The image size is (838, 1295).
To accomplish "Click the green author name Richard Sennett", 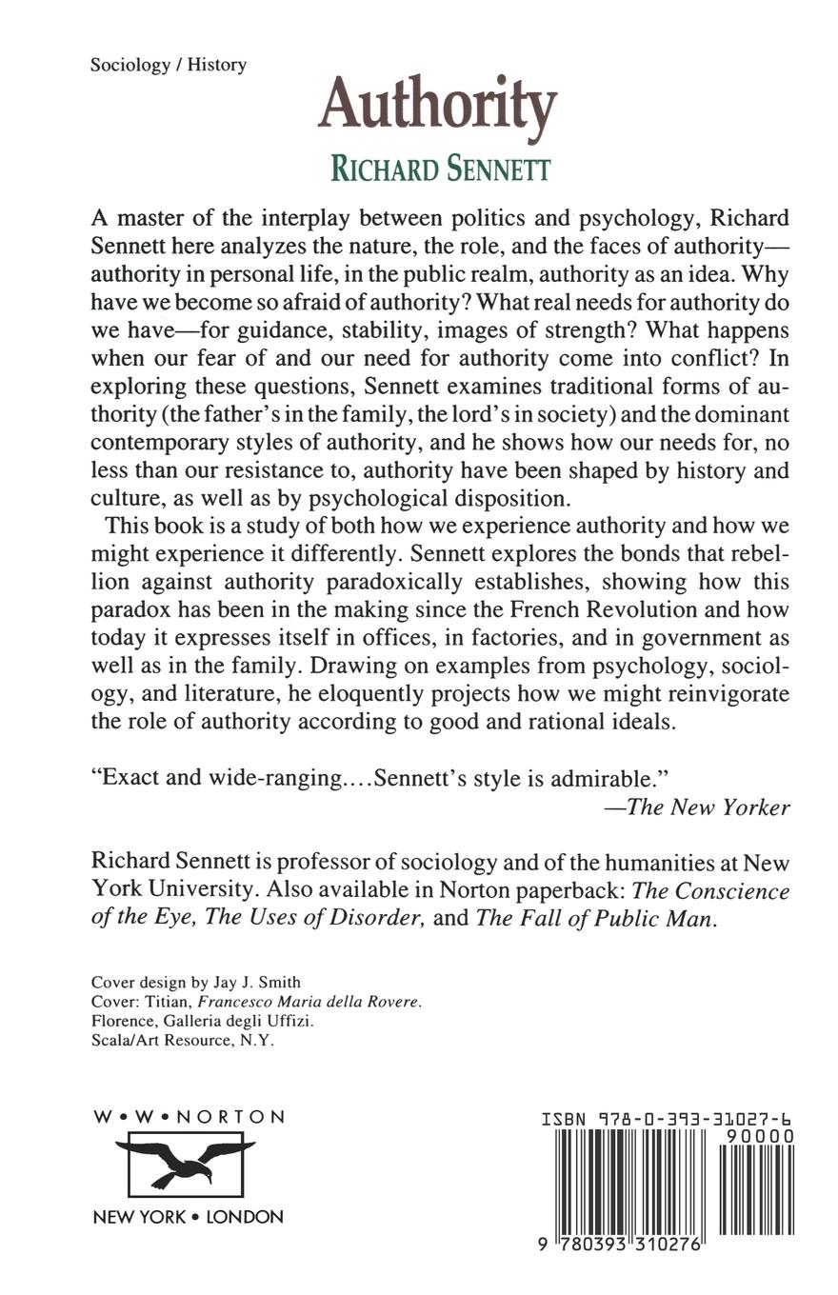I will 440,169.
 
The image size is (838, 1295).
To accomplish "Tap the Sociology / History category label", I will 169,65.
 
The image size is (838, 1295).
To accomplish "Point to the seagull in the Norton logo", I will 185,1157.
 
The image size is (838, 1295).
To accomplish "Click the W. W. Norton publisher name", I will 189,1117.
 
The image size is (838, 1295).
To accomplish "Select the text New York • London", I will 188,1216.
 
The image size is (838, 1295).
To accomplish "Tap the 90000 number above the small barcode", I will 759,1136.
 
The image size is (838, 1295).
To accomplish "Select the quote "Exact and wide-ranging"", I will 217,776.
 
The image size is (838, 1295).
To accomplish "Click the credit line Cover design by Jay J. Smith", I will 195,982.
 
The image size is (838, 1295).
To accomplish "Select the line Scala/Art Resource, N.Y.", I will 182,1041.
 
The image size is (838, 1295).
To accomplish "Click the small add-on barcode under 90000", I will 756,1189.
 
